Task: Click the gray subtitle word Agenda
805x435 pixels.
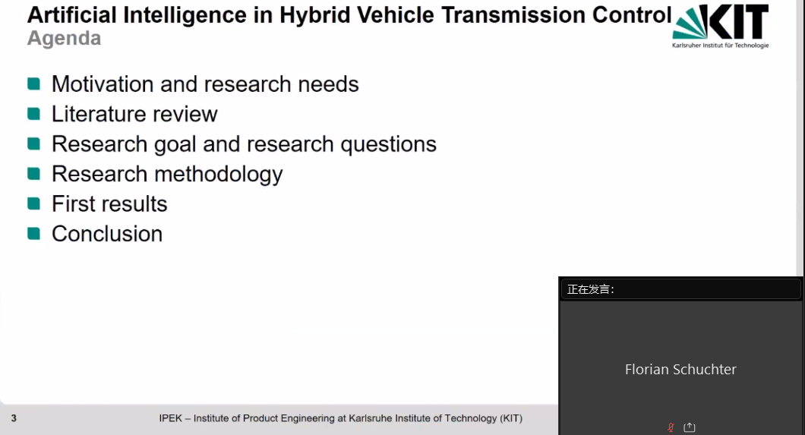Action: [65, 39]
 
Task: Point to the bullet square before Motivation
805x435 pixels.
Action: [34, 84]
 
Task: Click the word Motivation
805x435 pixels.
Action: [103, 84]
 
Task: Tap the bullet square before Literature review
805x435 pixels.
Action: [34, 113]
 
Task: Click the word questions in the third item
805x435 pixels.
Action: [389, 145]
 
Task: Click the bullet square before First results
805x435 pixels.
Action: [34, 203]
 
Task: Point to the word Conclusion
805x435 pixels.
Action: [107, 234]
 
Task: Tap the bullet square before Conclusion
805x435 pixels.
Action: [34, 233]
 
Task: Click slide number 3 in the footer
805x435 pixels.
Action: [14, 418]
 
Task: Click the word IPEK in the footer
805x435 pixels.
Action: [170, 418]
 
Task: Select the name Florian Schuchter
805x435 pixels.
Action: [680, 370]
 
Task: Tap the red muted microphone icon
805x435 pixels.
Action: [671, 427]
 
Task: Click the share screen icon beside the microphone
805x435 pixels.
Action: [690, 427]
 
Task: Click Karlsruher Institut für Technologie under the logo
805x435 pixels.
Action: [720, 45]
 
